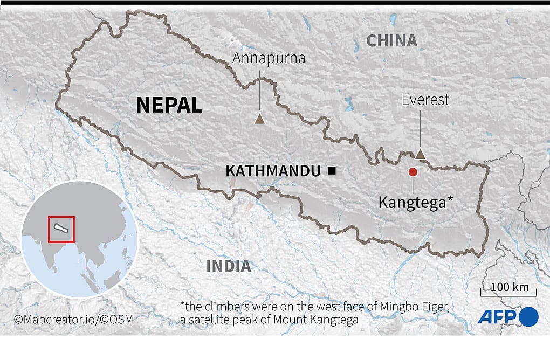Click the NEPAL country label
click(169, 105)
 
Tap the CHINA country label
click(392, 41)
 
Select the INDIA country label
click(229, 266)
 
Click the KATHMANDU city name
click(273, 171)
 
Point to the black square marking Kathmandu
click(332, 171)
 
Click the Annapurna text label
click(269, 58)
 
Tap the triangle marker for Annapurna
click(259, 119)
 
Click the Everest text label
click(425, 100)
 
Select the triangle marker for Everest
click(421, 154)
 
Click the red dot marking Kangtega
click(413, 172)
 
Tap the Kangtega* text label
click(415, 203)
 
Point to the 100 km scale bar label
click(509, 287)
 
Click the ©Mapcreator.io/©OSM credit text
click(73, 319)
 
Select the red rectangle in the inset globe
click(61, 230)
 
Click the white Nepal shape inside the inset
click(60, 230)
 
